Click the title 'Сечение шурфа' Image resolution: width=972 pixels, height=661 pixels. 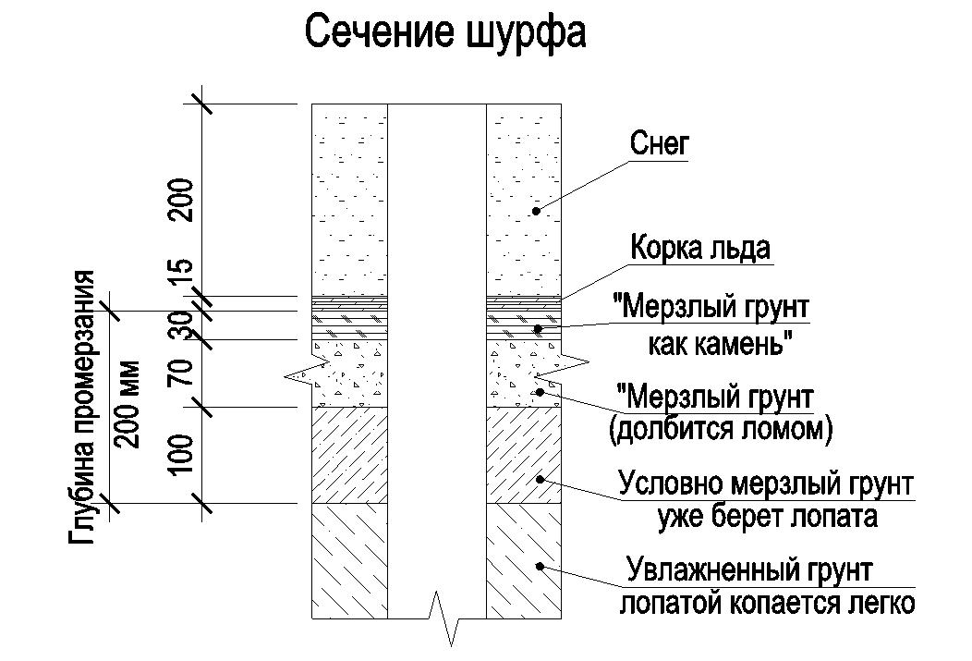pos(445,33)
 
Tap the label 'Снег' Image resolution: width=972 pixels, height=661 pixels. pos(660,144)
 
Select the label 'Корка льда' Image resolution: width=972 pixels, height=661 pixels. pos(700,248)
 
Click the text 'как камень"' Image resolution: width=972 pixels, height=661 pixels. pos(722,343)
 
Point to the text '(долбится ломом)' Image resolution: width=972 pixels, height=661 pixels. pos(721,428)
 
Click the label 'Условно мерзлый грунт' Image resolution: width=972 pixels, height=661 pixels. pos(766,484)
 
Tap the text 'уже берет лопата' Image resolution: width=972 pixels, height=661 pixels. pos(768,516)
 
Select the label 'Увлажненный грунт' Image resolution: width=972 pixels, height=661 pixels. pos(749,570)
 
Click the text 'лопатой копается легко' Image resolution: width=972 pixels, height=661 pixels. pos(768,602)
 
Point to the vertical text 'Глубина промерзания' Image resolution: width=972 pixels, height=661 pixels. pos(82,408)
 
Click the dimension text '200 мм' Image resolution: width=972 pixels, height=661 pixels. pos(128,404)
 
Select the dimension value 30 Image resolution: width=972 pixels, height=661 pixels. pos(182,325)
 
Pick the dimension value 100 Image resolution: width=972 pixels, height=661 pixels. pos(182,453)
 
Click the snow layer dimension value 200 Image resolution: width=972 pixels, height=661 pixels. pos(182,200)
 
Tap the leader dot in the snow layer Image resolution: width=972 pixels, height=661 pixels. pos(536,212)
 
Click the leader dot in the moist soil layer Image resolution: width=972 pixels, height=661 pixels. pos(540,566)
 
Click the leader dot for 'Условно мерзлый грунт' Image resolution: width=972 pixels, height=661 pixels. pos(540,479)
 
